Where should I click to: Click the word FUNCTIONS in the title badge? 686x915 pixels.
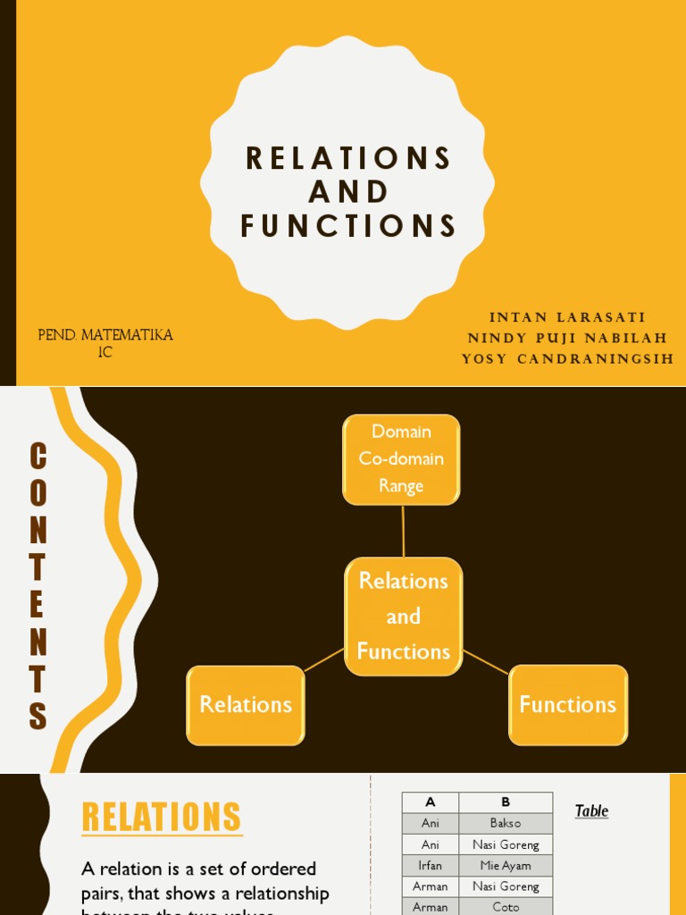[x=348, y=226]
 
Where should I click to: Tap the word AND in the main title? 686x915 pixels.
[x=348, y=192]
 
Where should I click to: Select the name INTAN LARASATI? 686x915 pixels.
[x=567, y=317]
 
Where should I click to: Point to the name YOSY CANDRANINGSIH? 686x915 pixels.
[x=567, y=359]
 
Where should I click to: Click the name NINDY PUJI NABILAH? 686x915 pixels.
[x=567, y=339]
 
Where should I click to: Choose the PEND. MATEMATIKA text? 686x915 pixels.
[x=105, y=335]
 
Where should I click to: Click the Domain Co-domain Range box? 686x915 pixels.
[x=401, y=459]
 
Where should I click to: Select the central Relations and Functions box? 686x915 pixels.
[x=403, y=616]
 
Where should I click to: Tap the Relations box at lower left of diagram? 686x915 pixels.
[x=246, y=704]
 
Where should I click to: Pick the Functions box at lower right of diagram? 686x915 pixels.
[x=568, y=704]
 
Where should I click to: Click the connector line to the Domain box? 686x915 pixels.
[x=403, y=532]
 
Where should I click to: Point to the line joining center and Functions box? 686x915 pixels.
[x=486, y=661]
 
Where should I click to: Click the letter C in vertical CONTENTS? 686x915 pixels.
[x=38, y=457]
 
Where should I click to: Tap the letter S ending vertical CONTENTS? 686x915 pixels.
[x=38, y=717]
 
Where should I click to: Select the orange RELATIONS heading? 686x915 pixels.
[x=162, y=817]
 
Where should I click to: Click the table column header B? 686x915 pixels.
[x=506, y=802]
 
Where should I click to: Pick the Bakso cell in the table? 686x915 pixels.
[x=506, y=823]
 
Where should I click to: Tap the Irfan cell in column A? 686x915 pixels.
[x=431, y=866]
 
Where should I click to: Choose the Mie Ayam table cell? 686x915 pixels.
[x=506, y=866]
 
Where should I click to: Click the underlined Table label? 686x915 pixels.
[x=591, y=811]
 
